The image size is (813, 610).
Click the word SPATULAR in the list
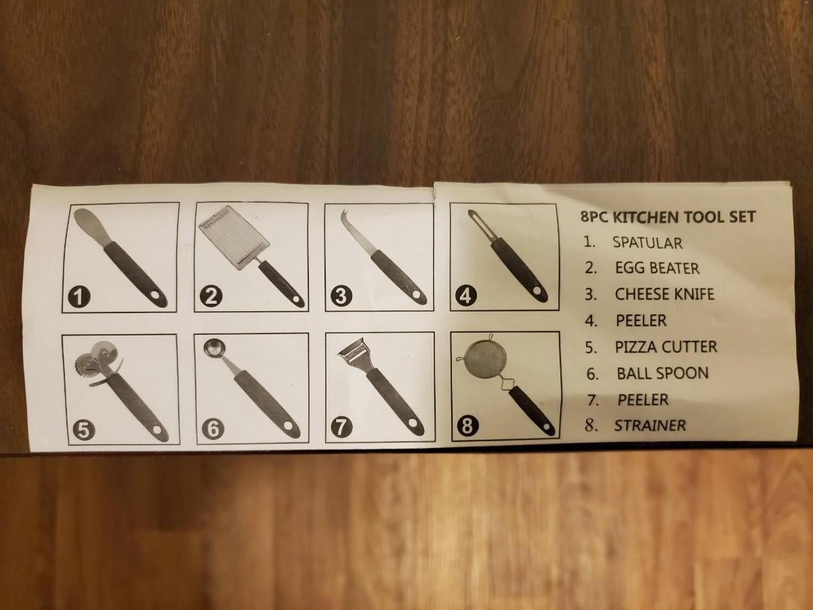click(x=647, y=243)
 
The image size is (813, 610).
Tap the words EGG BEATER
click(x=657, y=268)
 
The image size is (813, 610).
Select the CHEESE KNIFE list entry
click(x=665, y=294)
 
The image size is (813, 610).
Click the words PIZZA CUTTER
click(x=666, y=347)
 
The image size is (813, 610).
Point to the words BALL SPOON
click(x=663, y=373)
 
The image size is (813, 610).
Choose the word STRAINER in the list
click(x=650, y=426)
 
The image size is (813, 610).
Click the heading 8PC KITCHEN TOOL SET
click(x=668, y=217)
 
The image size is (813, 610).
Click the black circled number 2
click(x=211, y=297)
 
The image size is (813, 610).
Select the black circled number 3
click(x=341, y=296)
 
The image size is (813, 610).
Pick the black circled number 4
click(x=466, y=296)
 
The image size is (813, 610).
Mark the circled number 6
click(x=213, y=429)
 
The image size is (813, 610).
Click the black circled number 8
click(x=467, y=426)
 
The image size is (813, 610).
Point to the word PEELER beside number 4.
click(x=641, y=321)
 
